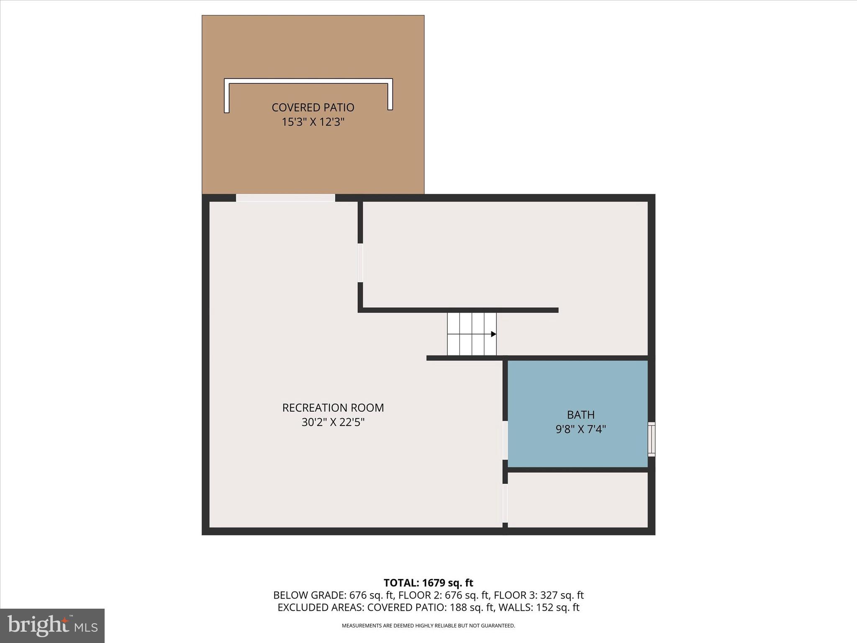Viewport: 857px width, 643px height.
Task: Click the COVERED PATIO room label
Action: point(313,108)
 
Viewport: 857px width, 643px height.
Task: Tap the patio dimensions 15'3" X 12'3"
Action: point(313,122)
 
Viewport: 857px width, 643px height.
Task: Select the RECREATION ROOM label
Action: point(333,408)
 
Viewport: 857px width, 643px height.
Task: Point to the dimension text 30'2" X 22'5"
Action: point(333,422)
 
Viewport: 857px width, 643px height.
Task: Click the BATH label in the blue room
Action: point(581,415)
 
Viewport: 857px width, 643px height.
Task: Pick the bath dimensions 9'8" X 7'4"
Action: point(581,430)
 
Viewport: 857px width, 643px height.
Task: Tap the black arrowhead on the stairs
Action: point(493,334)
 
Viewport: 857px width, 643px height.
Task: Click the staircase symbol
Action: point(472,334)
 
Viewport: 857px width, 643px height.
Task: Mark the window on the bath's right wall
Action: point(652,439)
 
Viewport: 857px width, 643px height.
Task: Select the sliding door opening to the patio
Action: point(285,198)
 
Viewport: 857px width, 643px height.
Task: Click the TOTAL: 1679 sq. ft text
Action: point(428,583)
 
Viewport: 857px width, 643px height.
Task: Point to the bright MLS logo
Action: point(52,626)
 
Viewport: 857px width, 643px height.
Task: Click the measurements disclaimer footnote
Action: point(428,626)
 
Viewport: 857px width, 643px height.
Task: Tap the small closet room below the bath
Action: point(577,500)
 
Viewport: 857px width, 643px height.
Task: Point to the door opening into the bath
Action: point(505,440)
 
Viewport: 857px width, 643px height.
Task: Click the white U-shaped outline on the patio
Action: point(308,81)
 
